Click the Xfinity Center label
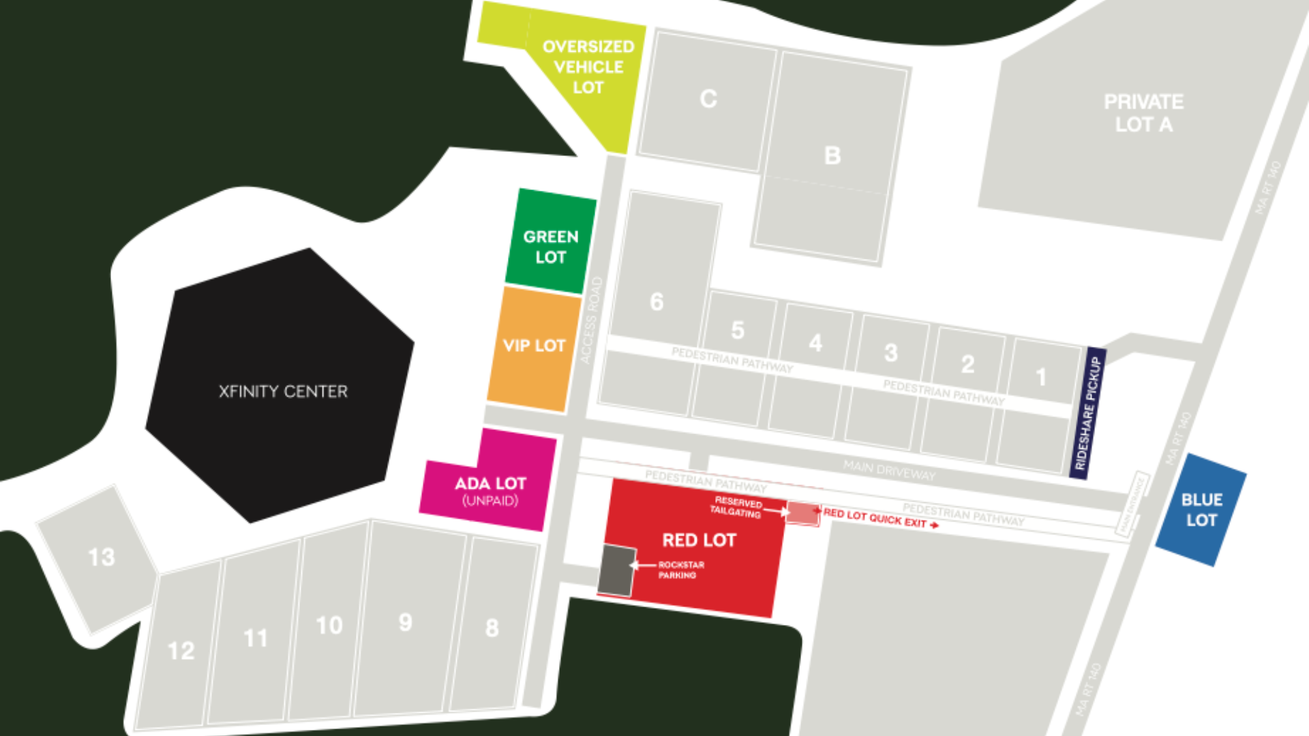[283, 391]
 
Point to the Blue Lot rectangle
[1201, 510]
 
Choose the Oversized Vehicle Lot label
[588, 67]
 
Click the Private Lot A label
[1143, 113]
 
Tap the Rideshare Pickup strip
[1087, 413]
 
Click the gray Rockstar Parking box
[616, 570]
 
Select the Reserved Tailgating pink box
[802, 513]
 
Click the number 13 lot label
[102, 557]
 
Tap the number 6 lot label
[657, 301]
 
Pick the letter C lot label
[708, 99]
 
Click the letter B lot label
[832, 155]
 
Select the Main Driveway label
[889, 470]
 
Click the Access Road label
[590, 320]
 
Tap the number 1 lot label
[1040, 377]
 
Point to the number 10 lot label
[329, 625]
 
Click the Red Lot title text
[699, 540]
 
